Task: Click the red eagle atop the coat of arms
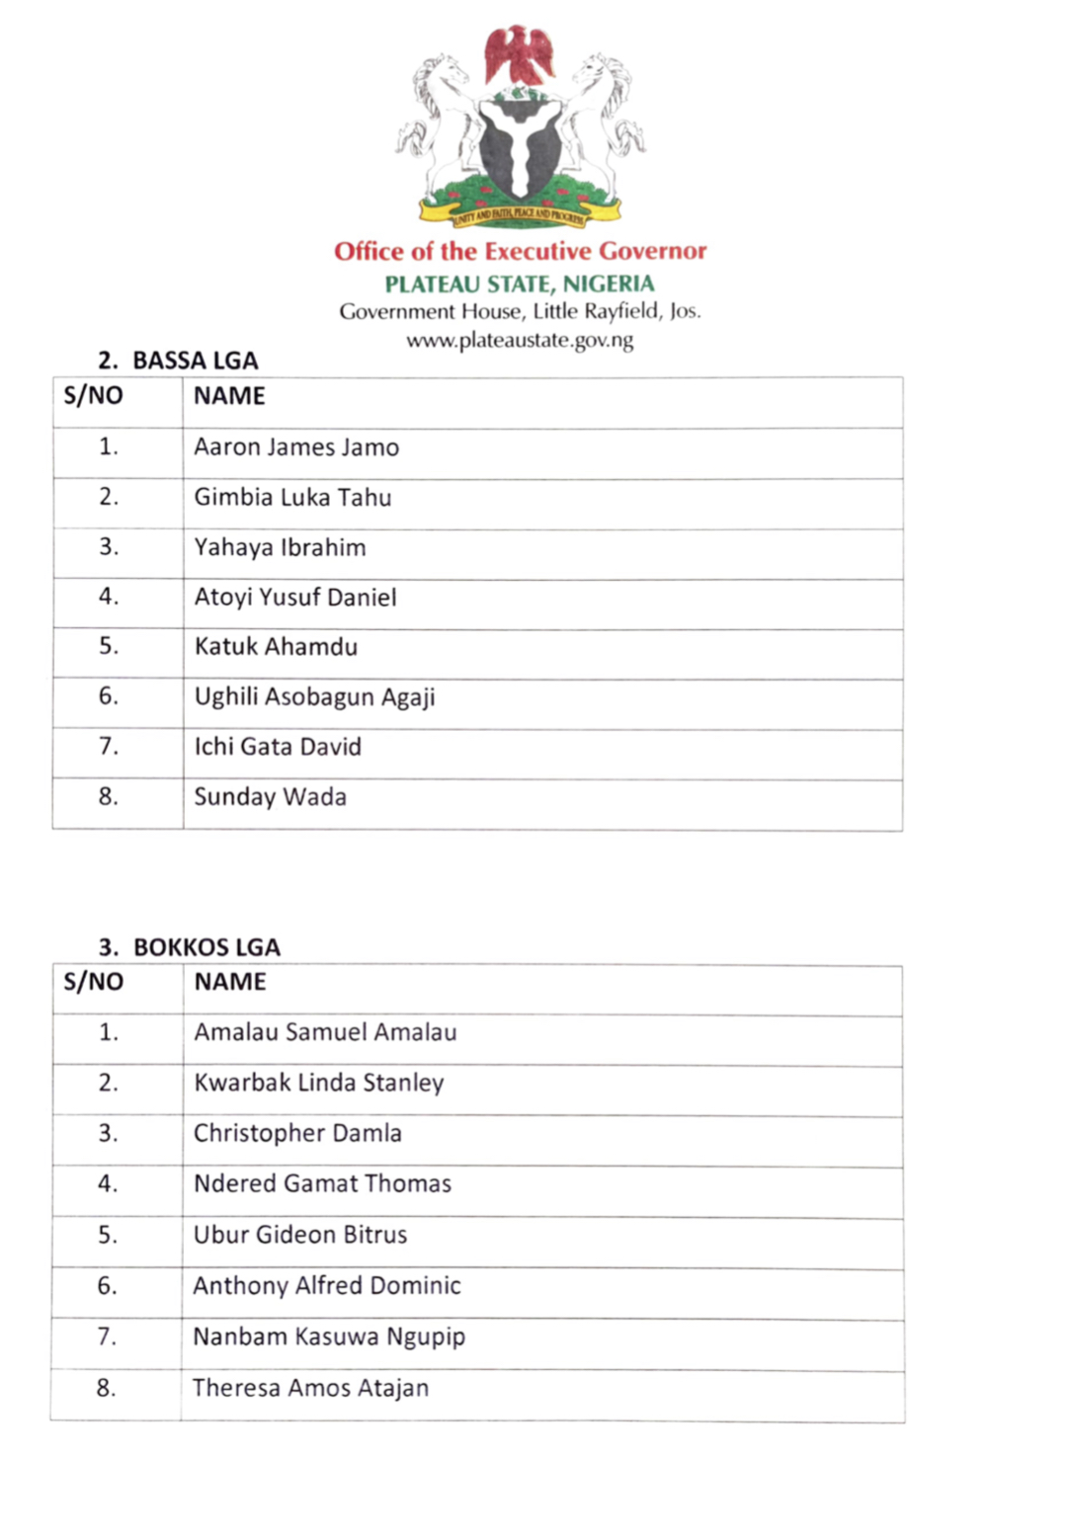519,55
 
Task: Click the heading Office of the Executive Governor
520,251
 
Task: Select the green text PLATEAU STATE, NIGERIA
520,284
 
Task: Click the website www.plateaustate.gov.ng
520,341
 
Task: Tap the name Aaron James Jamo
296,447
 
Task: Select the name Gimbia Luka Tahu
292,497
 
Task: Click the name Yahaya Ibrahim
280,547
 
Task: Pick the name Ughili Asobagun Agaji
314,697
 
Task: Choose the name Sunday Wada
270,797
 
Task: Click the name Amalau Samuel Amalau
325,1032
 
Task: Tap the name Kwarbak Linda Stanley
318,1083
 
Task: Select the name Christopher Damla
297,1133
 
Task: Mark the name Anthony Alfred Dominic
327,1285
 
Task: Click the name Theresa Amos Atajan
310,1388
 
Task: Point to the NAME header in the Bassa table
229,396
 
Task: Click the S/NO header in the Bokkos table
93,982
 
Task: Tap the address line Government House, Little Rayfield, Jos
520,312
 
